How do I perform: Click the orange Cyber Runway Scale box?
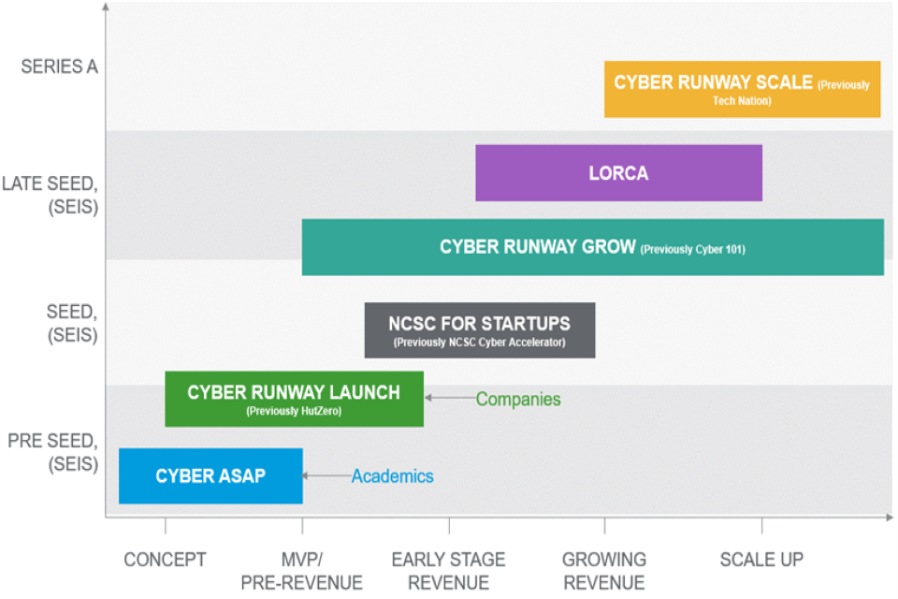pyautogui.click(x=742, y=89)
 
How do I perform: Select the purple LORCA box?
pyautogui.click(x=618, y=173)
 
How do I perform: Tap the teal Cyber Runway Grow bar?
pyautogui.click(x=592, y=247)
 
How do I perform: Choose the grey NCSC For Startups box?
pyautogui.click(x=479, y=329)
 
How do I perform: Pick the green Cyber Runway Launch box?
pyautogui.click(x=294, y=399)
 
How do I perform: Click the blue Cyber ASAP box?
pyautogui.click(x=210, y=475)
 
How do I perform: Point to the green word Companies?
pyautogui.click(x=518, y=400)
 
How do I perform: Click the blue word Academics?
pyautogui.click(x=393, y=476)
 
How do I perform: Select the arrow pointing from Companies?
pyautogui.click(x=449, y=399)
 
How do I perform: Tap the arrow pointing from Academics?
pyautogui.click(x=326, y=476)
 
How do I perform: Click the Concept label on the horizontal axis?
pyautogui.click(x=165, y=560)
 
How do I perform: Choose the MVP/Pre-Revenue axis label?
pyautogui.click(x=301, y=571)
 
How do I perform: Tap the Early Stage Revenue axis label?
pyautogui.click(x=448, y=571)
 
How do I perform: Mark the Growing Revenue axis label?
pyautogui.click(x=603, y=571)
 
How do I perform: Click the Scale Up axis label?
pyautogui.click(x=761, y=560)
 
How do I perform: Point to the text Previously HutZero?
pyautogui.click(x=294, y=411)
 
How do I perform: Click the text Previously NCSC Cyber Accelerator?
pyautogui.click(x=479, y=343)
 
